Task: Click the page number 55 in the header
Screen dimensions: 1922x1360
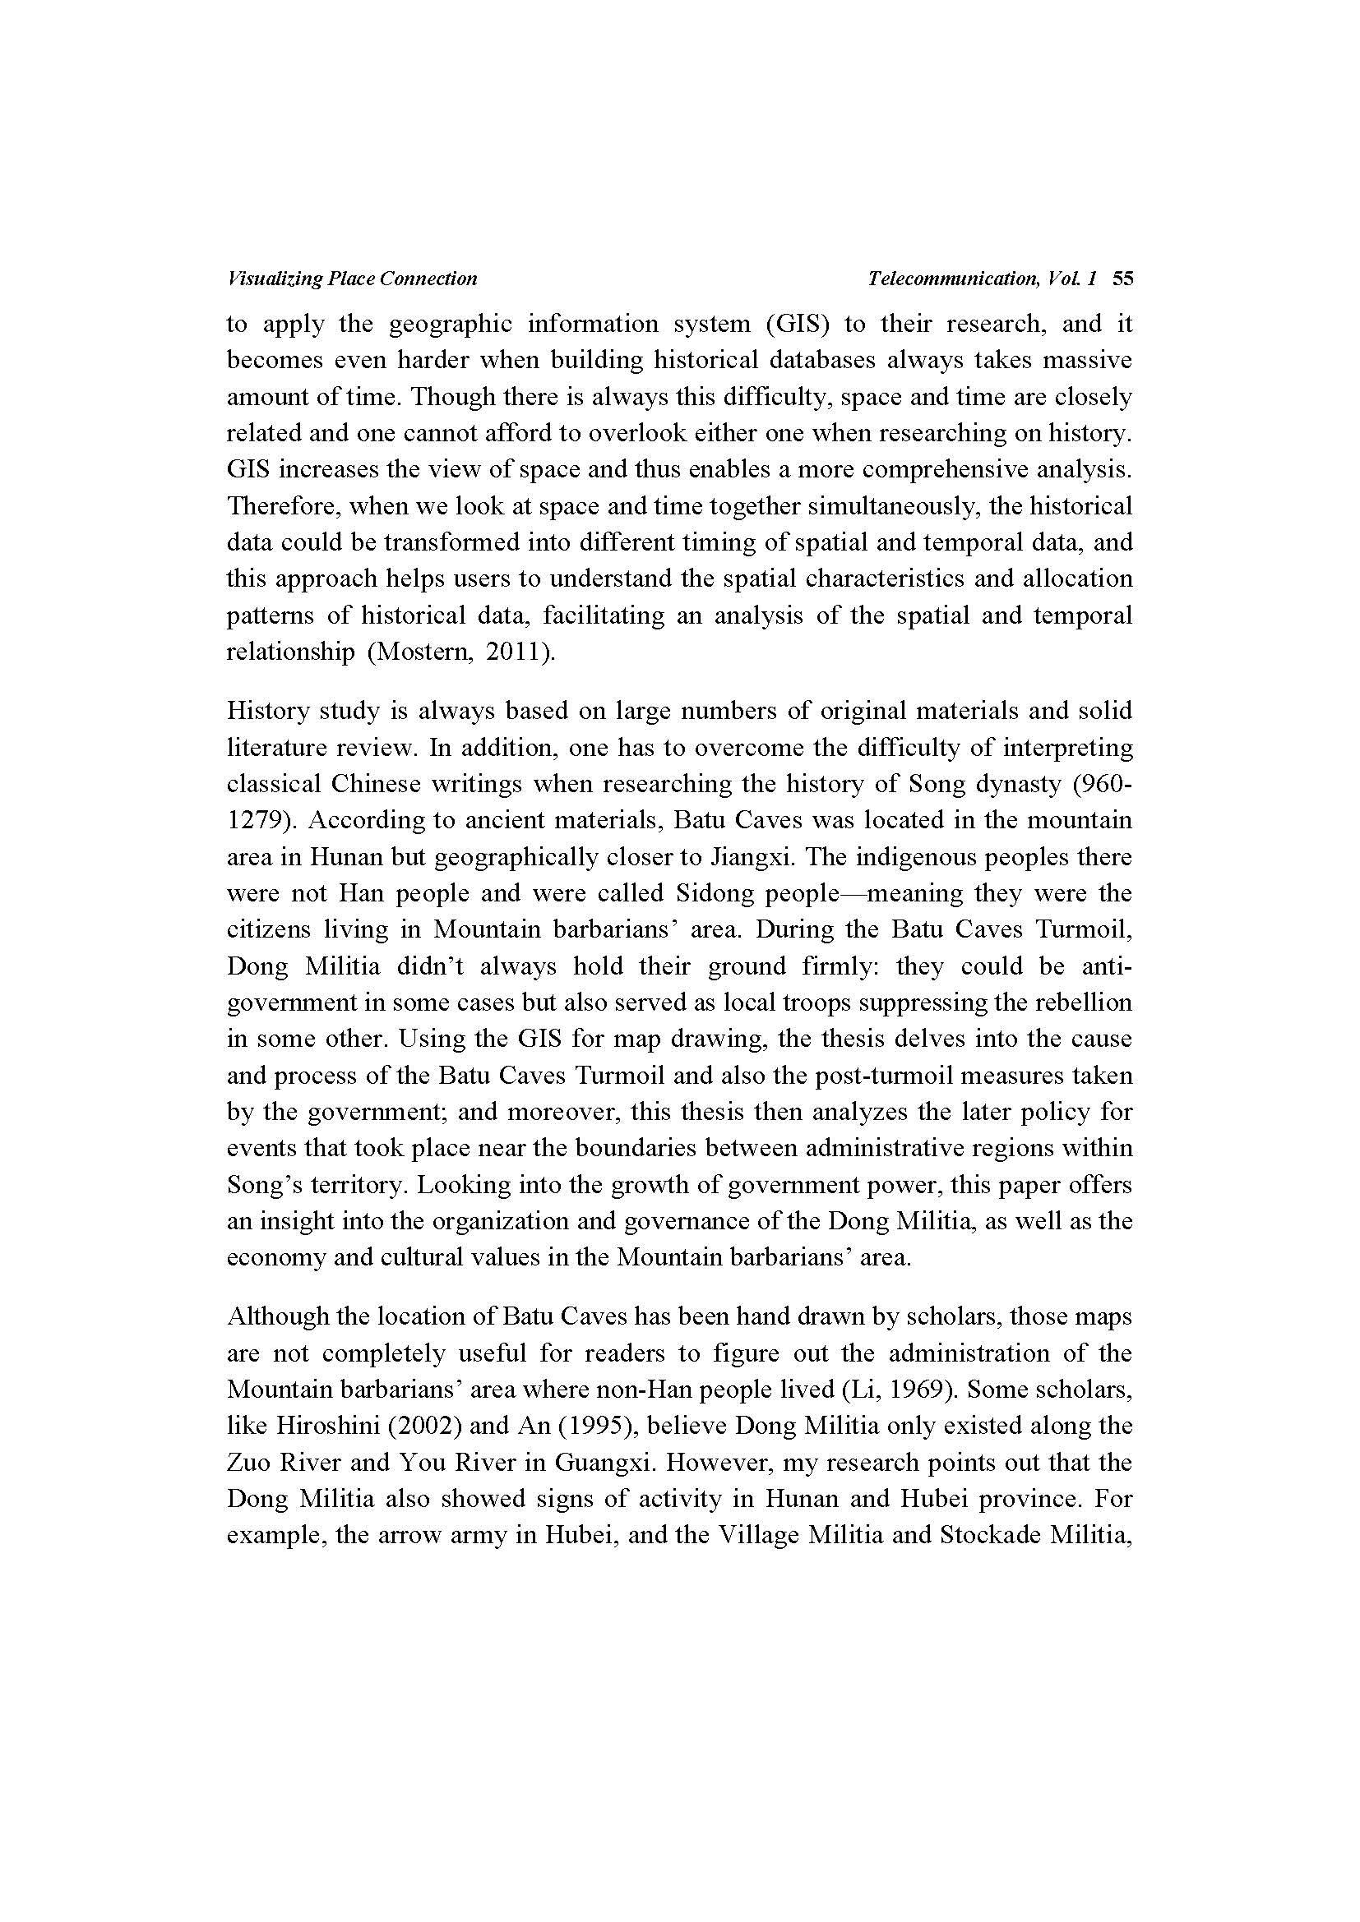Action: click(1122, 279)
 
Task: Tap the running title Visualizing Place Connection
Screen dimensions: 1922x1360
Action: click(352, 279)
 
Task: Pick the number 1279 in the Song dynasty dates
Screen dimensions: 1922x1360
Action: click(255, 820)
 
